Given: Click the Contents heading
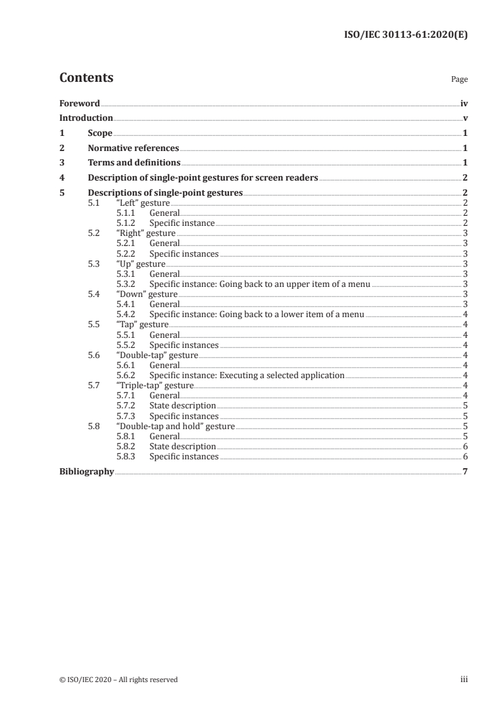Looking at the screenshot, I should (x=86, y=78).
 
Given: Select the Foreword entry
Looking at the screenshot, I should (x=79, y=103).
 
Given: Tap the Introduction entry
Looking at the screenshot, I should (x=86, y=118).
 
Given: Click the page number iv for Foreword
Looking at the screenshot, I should (x=464, y=103).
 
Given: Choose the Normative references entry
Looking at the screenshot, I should (x=133, y=148).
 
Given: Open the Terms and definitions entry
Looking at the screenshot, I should (x=134, y=163).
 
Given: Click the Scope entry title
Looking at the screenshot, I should (x=100, y=133).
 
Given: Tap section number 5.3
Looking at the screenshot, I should (x=94, y=264).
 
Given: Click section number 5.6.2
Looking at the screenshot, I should (x=125, y=375).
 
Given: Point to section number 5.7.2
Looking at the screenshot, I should (x=125, y=405).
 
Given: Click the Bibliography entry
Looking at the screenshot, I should (x=86, y=471).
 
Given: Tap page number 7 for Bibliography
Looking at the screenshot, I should (x=465, y=471).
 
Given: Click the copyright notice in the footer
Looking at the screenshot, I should (x=118, y=679).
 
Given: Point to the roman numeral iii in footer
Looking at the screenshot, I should (x=464, y=679).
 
